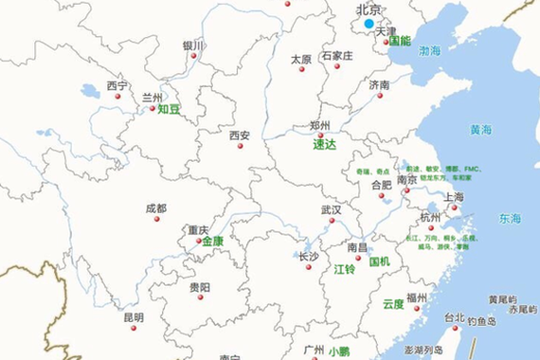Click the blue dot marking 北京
coord(369,24)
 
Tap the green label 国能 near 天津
coord(400,42)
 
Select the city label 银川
coord(193,45)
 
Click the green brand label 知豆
coord(169,109)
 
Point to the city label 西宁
coord(117,85)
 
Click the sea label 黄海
coord(480,130)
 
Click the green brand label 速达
coord(325,145)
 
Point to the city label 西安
coord(239,135)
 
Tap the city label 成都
coord(155,208)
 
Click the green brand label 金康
coord(212,242)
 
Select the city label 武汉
coord(331,209)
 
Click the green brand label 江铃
coord(344,269)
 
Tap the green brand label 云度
coord(393,304)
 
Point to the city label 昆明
coord(134,317)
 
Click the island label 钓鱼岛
coord(481,322)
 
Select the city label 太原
coord(301,59)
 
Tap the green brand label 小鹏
coord(339,351)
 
